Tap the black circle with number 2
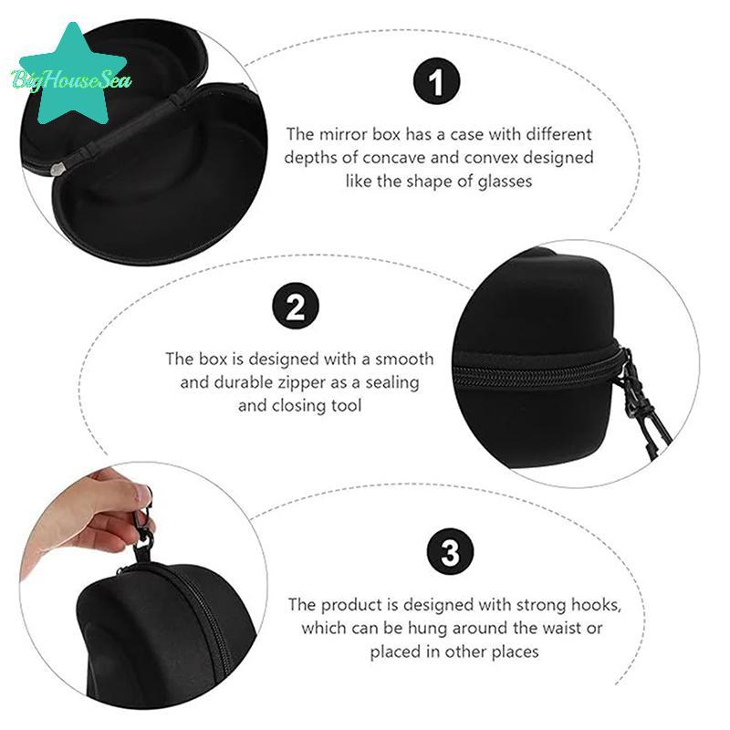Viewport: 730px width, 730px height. tap(296, 307)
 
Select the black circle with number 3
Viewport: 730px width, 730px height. tap(450, 552)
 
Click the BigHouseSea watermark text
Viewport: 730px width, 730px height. tap(71, 80)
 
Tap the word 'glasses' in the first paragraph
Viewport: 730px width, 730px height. tap(505, 181)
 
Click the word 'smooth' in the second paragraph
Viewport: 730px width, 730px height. tap(404, 359)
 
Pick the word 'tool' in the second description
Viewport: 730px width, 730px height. tap(346, 405)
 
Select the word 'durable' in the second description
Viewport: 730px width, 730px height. tap(243, 382)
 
